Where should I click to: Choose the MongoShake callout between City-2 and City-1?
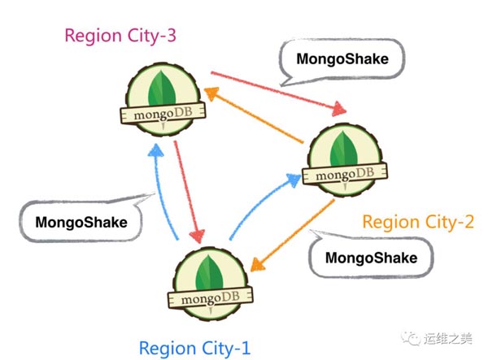[370, 258]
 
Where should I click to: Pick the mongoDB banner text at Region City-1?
[208, 300]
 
